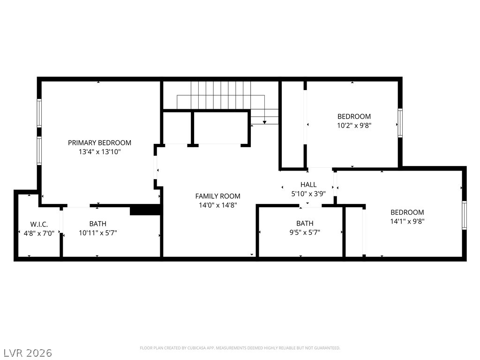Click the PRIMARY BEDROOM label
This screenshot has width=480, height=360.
click(99, 142)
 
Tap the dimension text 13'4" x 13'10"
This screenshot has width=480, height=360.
click(100, 152)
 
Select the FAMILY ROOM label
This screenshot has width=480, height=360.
click(217, 196)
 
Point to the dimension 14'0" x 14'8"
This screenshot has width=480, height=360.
click(217, 205)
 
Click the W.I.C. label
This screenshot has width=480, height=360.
click(39, 224)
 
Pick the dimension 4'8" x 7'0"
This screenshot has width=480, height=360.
click(39, 233)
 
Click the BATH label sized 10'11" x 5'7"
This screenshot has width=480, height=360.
click(98, 224)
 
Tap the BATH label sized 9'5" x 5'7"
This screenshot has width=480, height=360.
click(305, 224)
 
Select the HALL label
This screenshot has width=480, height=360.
click(308, 185)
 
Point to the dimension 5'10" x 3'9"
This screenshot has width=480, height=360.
click(308, 194)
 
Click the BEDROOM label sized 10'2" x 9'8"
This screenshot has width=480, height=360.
click(354, 116)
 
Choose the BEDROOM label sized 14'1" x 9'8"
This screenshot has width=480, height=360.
click(407, 212)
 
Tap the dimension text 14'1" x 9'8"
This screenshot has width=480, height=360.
click(407, 221)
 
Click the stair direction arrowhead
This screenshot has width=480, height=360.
click(264, 122)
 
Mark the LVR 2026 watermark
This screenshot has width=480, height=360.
click(26, 353)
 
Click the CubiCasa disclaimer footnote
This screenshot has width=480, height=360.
click(240, 348)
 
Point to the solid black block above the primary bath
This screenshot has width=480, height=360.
click(145, 210)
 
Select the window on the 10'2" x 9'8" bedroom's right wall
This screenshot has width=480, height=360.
click(400, 123)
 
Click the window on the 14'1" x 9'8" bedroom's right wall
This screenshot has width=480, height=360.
click(465, 215)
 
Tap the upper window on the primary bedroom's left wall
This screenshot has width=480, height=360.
click(39, 113)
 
